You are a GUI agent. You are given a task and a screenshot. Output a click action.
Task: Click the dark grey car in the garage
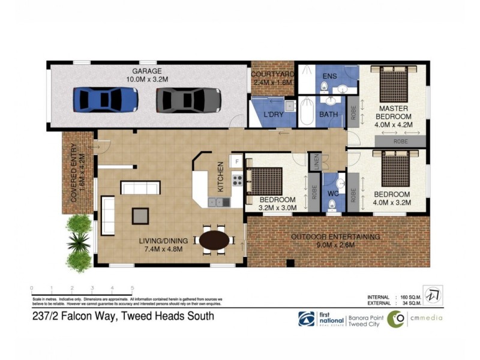[x=188, y=100]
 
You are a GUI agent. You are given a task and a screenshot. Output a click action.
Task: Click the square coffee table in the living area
[x=140, y=214]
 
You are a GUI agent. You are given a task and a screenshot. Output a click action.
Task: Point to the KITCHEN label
[x=220, y=177]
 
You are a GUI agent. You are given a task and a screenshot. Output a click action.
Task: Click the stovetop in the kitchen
[x=237, y=179]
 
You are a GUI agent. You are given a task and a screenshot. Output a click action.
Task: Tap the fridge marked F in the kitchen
[x=236, y=161]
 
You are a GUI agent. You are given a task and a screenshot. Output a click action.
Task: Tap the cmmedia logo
[x=414, y=319]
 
